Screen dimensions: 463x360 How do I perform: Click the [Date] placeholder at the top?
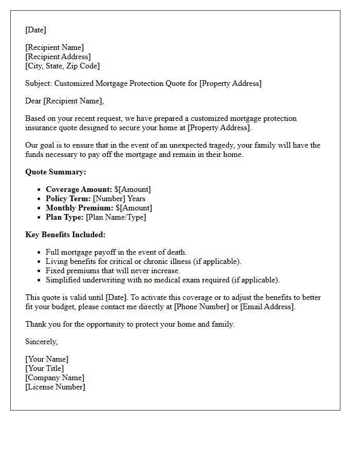tap(35, 30)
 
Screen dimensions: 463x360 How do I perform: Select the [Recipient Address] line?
tap(58, 57)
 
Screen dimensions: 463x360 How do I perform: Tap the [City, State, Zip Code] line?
tap(62, 66)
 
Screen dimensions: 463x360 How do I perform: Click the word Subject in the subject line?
tap(38, 83)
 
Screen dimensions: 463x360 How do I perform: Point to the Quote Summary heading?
tap(56, 172)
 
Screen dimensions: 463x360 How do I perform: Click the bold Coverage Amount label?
tap(79, 189)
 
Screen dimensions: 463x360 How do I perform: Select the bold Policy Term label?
tap(68, 199)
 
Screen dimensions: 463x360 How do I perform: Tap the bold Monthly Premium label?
tap(80, 208)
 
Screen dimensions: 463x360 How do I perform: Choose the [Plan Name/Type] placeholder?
tap(116, 217)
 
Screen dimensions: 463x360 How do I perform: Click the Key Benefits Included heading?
tap(65, 235)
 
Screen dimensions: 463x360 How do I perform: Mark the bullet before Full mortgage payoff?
tap(39, 253)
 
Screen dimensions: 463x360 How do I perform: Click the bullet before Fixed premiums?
tap(39, 271)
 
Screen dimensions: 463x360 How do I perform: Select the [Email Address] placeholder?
tap(267, 307)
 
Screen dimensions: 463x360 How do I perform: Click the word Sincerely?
tap(41, 342)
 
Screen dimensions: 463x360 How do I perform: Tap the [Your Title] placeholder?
tap(45, 368)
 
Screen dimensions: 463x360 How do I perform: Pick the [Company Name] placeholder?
tap(55, 378)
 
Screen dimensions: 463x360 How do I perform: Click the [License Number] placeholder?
tap(55, 387)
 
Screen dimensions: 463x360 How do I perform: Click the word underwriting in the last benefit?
tap(106, 280)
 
